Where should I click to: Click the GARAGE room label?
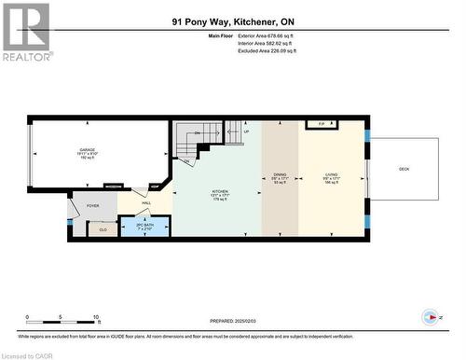88,150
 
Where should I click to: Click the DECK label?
404,169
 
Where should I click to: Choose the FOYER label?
93,205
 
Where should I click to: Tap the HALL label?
146,203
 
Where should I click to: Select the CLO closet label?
103,228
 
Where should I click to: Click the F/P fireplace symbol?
322,123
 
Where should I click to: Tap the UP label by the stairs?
246,132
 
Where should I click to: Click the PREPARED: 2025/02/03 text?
231,320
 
